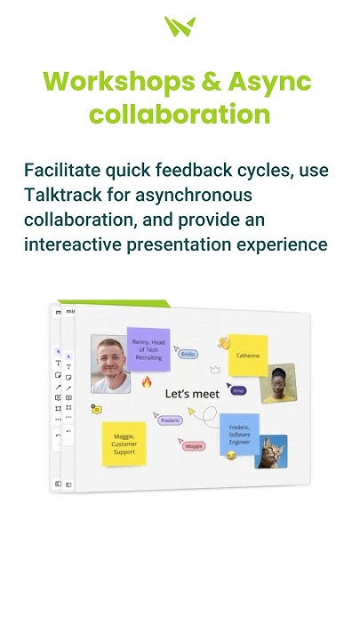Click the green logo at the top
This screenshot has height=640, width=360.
tap(180, 27)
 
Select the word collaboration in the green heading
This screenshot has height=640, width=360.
tap(180, 115)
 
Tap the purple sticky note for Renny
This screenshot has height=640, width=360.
tap(148, 349)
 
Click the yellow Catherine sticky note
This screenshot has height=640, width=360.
tap(248, 356)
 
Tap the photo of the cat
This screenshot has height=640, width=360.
tap(271, 452)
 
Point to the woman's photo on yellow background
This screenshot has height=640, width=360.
tap(278, 384)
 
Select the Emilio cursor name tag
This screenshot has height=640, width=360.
tap(188, 354)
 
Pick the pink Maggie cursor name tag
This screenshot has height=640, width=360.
tap(194, 445)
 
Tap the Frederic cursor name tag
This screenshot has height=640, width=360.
tap(171, 420)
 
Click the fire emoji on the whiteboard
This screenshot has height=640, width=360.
tap(147, 382)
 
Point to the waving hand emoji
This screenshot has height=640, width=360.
tap(224, 342)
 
